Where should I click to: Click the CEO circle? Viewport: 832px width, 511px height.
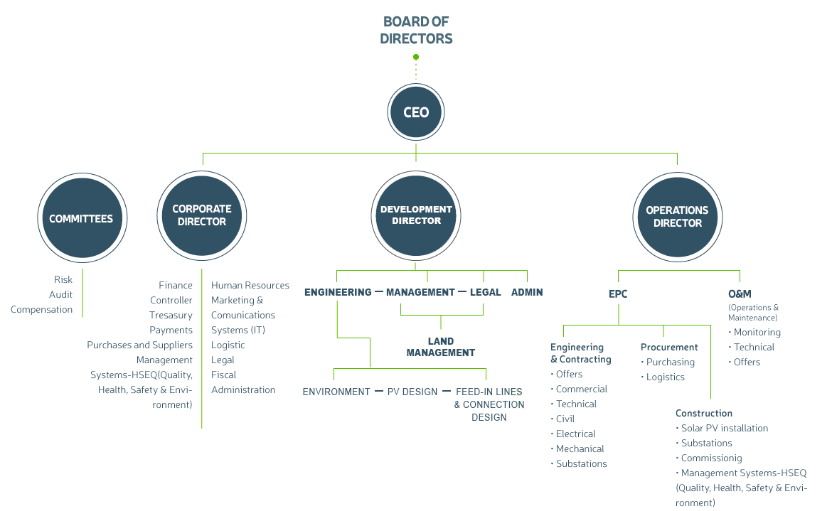tap(415, 112)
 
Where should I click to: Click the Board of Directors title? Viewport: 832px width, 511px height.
tap(416, 31)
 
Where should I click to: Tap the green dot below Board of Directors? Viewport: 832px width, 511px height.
tap(416, 57)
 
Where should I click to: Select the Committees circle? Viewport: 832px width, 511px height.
tap(82, 218)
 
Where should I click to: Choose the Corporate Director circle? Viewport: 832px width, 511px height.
tap(202, 216)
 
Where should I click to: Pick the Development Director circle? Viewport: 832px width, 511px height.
tap(416, 215)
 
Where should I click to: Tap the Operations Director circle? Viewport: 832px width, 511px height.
tap(678, 217)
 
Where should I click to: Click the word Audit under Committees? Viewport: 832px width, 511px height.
tap(60, 295)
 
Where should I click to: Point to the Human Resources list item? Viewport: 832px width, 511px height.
tap(250, 285)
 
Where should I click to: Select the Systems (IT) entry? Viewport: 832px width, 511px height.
tap(238, 330)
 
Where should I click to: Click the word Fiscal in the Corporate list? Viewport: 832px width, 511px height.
tap(223, 375)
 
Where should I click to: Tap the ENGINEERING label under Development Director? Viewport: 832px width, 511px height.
tap(338, 292)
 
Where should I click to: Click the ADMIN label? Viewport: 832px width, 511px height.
tap(527, 292)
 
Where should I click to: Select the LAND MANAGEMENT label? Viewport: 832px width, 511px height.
tap(441, 347)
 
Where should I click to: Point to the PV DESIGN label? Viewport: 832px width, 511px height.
tap(412, 392)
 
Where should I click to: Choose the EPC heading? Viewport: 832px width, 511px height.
tap(618, 294)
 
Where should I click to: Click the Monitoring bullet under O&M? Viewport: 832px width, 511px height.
tap(754, 333)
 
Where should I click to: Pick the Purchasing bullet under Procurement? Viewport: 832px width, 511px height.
tap(668, 362)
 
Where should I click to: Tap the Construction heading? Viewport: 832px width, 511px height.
tap(703, 413)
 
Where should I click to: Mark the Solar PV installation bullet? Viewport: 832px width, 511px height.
tap(722, 428)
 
